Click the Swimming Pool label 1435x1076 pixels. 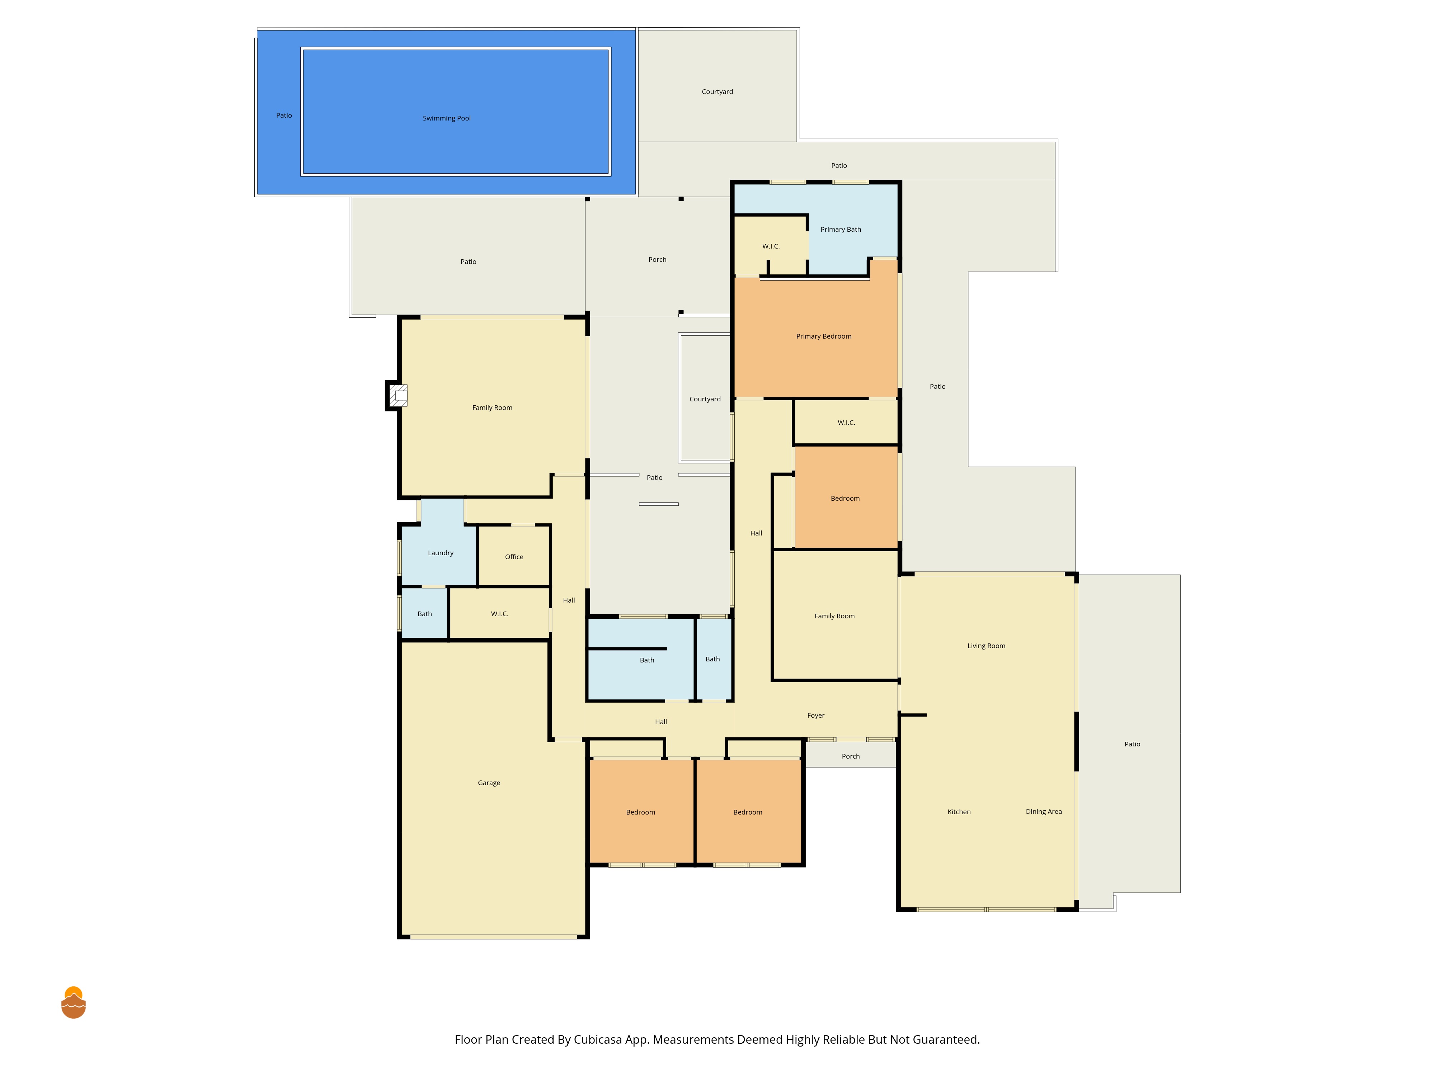pyautogui.click(x=446, y=118)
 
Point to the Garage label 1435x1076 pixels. pyautogui.click(x=489, y=783)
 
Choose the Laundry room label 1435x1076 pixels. pyautogui.click(x=441, y=553)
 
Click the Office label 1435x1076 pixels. pyautogui.click(x=514, y=557)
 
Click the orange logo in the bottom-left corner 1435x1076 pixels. pyautogui.click(x=73, y=1003)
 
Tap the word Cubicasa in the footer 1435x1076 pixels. pyautogui.click(x=597, y=1040)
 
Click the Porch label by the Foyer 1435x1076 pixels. pyautogui.click(x=851, y=756)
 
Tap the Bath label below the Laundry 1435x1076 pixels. pyautogui.click(x=425, y=614)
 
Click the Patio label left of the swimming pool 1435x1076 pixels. pyautogui.click(x=284, y=115)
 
